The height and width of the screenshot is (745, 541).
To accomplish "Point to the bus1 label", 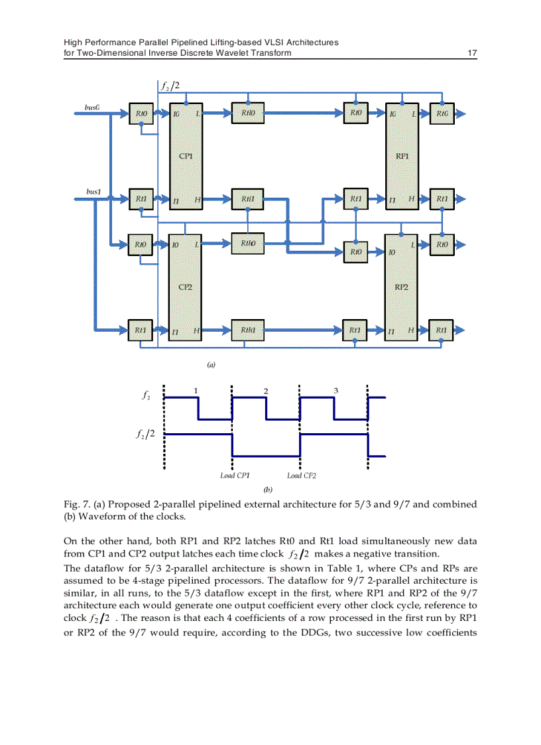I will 93,191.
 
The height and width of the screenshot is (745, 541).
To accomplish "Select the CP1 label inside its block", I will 186,157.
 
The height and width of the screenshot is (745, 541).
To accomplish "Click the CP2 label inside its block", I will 186,287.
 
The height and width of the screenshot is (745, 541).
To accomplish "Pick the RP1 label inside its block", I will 402,157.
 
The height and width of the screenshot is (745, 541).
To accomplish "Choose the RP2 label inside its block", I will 402,287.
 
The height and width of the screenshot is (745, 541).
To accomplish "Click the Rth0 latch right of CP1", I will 248,113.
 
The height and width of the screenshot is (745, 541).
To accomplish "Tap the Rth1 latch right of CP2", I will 248,330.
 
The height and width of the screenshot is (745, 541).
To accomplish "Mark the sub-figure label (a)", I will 211,364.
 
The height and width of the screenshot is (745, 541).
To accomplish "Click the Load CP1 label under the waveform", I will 235,476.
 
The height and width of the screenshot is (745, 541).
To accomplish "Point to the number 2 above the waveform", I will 266,390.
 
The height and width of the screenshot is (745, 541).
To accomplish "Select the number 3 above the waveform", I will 336,390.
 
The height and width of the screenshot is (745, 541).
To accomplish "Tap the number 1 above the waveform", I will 196,390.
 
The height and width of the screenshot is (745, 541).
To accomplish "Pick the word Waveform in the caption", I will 99,516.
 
